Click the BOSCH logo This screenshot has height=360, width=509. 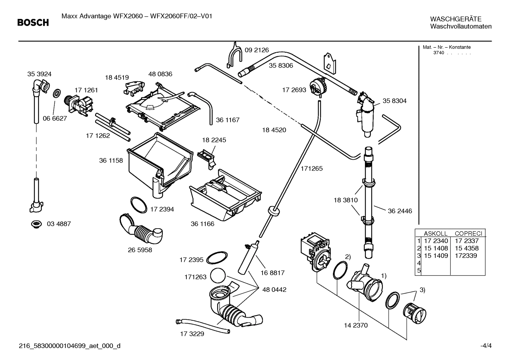tap(33, 23)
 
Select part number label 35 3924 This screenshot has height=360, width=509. tap(39, 74)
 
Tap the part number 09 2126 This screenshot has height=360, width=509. tap(257, 50)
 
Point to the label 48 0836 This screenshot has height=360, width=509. tap(160, 74)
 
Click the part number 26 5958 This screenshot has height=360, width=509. tap(140, 250)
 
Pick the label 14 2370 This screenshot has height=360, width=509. tap(355, 325)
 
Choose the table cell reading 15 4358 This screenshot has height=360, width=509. tap(467, 248)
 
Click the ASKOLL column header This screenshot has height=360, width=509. tap(435, 234)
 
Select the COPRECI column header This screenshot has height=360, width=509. tap(468, 234)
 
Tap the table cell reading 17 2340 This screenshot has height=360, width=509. tap(436, 241)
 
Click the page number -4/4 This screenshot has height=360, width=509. tap(485, 346)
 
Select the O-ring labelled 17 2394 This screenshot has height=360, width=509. tap(138, 205)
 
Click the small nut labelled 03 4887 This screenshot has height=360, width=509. tap(36, 224)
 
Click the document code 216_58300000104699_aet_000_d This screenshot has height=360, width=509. tap(69, 346)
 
